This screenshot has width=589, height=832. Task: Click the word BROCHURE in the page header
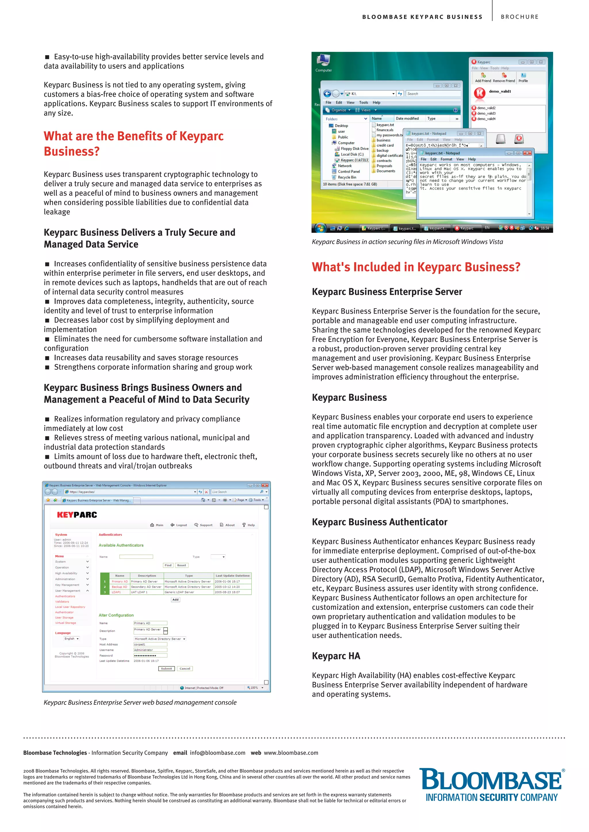pos(519,17)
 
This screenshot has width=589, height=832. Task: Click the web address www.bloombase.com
pos(291,753)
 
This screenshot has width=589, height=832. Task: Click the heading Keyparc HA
pos(336,656)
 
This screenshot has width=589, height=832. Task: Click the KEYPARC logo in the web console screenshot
pos(77,515)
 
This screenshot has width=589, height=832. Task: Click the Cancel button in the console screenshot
pos(185,669)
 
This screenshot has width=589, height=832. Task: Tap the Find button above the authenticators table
pos(168,565)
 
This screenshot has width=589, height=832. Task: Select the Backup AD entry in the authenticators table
pos(119,587)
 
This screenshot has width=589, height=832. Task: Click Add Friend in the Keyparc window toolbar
pos(483,77)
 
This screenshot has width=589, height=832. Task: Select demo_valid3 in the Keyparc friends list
pos(486,113)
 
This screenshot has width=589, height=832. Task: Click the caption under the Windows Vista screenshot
pos(407,242)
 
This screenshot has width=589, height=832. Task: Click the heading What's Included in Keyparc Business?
pos(416,267)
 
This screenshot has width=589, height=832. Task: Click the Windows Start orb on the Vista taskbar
pos(320,228)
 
